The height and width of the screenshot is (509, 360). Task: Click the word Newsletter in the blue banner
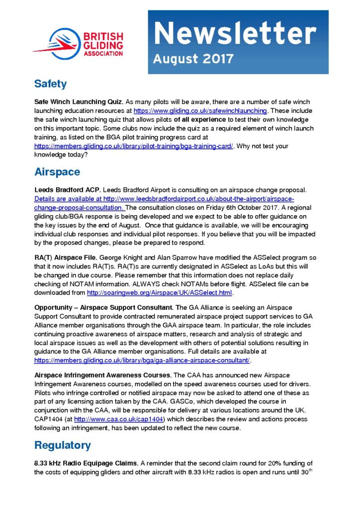234,34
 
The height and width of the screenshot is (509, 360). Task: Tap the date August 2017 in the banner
194,59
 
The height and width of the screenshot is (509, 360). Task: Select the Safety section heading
50,84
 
